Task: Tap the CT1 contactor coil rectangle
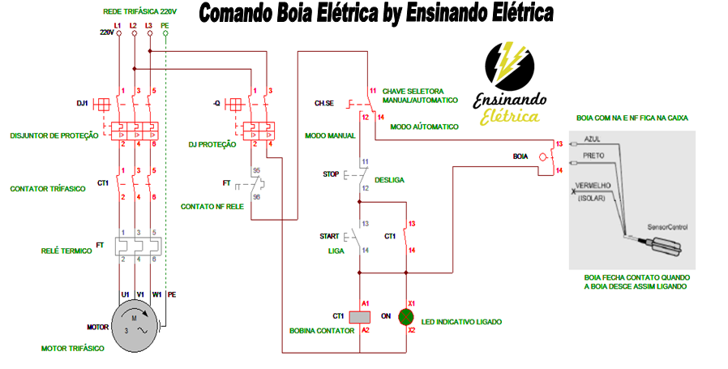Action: click(359, 316)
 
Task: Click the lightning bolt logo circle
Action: click(508, 67)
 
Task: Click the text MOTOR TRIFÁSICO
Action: click(72, 348)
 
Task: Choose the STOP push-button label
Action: click(330, 174)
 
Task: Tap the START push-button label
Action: click(328, 236)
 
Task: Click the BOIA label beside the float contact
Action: click(520, 154)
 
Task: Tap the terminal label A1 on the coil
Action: click(366, 302)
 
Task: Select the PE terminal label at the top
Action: click(165, 26)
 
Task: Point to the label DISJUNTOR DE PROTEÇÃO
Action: click(54, 135)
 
